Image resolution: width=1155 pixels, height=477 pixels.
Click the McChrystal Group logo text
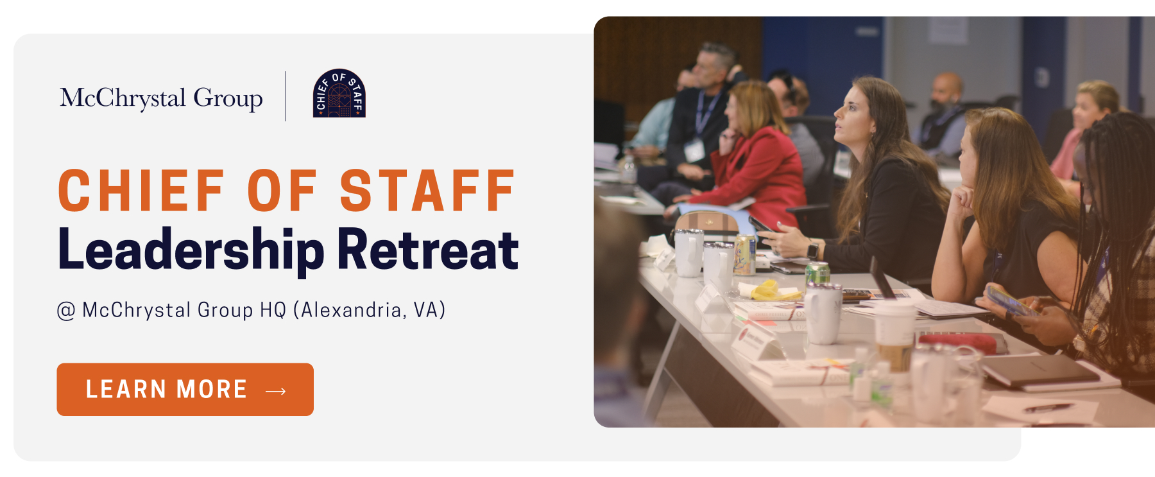161,98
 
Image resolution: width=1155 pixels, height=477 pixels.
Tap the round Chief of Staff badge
339,94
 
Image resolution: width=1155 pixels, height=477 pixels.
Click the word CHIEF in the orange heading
141,191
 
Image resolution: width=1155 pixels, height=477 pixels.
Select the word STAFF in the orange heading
427,191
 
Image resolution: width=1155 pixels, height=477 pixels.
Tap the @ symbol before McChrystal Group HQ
66,311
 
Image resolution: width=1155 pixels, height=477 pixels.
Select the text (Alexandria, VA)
369,311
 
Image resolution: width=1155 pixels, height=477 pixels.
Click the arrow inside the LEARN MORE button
276,390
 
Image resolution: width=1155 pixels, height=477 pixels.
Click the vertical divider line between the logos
286,96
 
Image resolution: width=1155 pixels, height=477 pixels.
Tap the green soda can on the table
817,272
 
